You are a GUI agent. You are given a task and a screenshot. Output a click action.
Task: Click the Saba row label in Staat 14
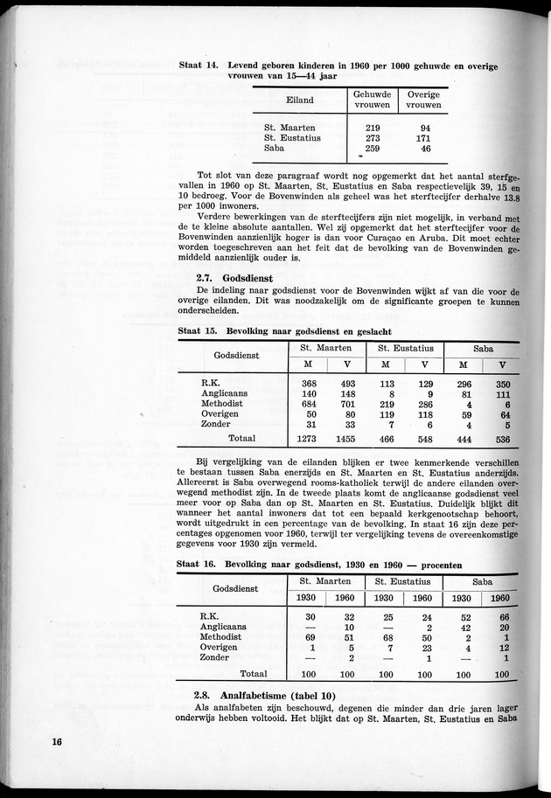[x=275, y=149]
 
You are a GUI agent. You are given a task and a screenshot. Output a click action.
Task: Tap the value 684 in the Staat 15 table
[x=309, y=405]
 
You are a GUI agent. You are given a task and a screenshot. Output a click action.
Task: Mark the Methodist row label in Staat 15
[x=225, y=405]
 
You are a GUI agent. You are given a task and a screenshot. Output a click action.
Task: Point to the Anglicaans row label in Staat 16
[x=224, y=627]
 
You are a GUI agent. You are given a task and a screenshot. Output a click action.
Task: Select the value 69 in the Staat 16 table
[x=308, y=638]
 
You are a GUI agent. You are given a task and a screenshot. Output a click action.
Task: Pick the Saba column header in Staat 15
[x=482, y=347]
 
